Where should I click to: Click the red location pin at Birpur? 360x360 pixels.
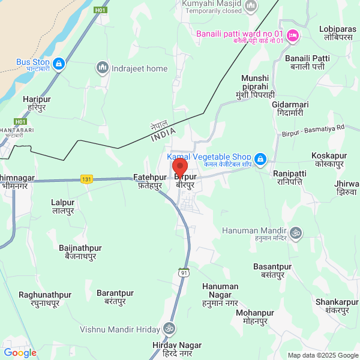(180, 166)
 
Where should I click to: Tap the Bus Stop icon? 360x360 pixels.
(58, 62)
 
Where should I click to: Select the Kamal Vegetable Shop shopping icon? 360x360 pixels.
(260, 160)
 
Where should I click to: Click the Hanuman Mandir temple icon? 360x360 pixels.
(296, 232)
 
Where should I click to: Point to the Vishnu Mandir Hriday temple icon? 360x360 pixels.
(169, 329)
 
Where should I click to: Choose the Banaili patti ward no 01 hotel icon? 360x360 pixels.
(293, 35)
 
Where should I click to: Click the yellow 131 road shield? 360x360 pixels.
(87, 179)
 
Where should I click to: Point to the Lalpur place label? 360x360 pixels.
(63, 206)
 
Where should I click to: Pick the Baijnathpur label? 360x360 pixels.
(80, 252)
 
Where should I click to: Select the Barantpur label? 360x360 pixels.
(115, 297)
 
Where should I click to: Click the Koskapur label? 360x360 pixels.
(329, 160)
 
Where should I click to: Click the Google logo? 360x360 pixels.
(20, 353)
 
